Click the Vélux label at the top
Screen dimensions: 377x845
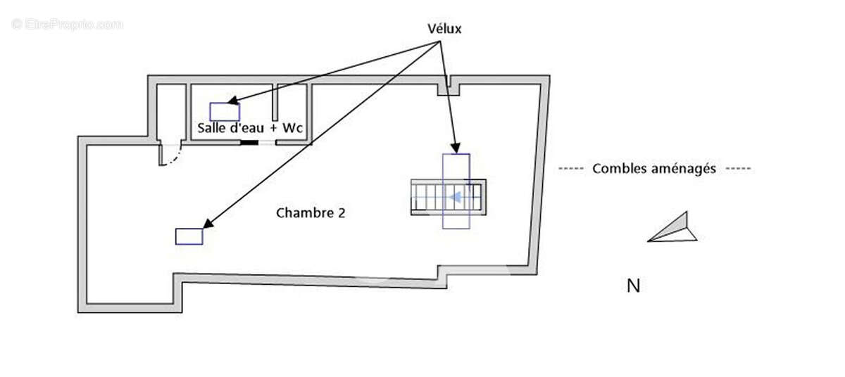click(444, 28)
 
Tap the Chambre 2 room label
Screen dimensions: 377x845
click(311, 212)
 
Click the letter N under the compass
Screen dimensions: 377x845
click(633, 286)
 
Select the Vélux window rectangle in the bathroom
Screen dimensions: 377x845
click(225, 111)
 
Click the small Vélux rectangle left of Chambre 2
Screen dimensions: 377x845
click(189, 236)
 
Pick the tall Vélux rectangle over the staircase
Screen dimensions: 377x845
click(456, 191)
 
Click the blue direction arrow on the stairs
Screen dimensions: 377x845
click(456, 197)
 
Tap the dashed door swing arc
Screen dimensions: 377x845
click(173, 159)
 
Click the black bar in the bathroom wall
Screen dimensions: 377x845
click(249, 142)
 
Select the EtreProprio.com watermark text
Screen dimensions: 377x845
click(68, 25)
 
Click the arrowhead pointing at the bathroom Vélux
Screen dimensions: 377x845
click(231, 103)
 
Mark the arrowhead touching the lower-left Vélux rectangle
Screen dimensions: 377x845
click(207, 225)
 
